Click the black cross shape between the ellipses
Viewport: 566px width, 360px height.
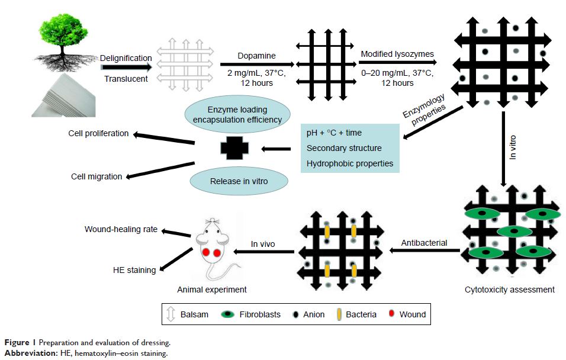click(231, 147)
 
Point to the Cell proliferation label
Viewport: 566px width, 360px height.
click(99, 133)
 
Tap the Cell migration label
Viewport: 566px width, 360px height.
click(97, 176)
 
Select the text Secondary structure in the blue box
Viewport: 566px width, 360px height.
click(344, 148)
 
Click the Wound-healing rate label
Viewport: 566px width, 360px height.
click(121, 229)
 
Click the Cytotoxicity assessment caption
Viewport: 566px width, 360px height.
click(510, 290)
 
